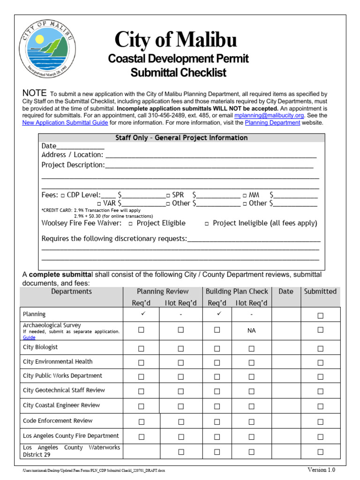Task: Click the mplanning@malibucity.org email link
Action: [x=269, y=115]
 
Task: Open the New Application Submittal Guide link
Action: [x=65, y=123]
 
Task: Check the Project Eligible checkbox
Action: [x=130, y=224]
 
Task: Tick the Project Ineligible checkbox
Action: [x=207, y=224]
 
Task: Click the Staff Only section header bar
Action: [x=181, y=138]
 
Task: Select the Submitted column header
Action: [x=320, y=292]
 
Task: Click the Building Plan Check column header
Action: [x=237, y=292]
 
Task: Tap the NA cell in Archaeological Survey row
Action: [x=251, y=330]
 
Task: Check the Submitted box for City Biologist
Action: [x=320, y=349]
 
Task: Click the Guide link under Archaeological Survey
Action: [x=29, y=337]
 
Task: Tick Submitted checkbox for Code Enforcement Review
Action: [x=320, y=422]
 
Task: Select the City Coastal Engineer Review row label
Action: [x=61, y=405]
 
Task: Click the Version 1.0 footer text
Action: [x=321, y=470]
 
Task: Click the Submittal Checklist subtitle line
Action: [x=178, y=73]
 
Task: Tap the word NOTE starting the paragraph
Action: [x=35, y=92]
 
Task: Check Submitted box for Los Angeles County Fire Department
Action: [x=320, y=437]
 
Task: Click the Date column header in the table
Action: [x=285, y=292]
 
